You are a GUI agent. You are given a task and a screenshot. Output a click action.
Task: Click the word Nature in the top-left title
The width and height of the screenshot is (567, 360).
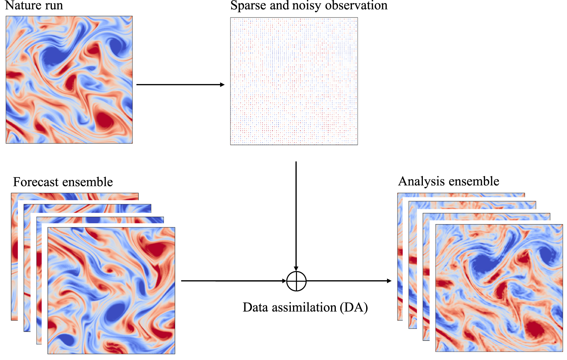[x=23, y=5]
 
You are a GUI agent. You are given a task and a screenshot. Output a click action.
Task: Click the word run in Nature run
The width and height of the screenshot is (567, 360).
[x=53, y=5]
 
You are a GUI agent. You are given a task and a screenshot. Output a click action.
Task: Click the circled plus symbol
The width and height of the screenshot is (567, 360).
[x=296, y=281]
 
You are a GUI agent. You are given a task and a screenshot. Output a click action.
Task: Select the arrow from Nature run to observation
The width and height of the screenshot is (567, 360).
[x=180, y=85]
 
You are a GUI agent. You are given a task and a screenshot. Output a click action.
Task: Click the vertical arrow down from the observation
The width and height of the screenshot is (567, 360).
[x=296, y=216]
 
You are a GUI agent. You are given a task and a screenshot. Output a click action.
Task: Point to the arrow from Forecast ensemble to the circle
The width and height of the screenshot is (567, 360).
[x=233, y=281]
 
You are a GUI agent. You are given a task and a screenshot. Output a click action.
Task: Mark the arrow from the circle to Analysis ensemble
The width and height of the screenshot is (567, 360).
[x=349, y=281]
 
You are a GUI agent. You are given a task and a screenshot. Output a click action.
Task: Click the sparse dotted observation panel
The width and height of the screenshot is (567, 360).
[x=294, y=81]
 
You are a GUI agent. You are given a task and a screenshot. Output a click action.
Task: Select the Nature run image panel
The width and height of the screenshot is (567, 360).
[x=69, y=79]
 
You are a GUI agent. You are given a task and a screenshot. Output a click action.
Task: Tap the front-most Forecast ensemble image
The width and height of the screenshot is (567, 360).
[x=111, y=290]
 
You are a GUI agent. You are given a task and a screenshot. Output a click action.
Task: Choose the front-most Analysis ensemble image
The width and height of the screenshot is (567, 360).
[x=499, y=288]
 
